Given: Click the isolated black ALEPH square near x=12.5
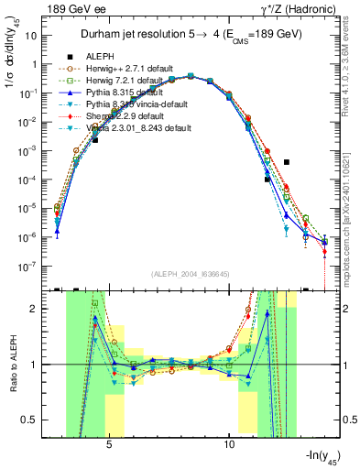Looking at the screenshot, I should pos(287,162).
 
